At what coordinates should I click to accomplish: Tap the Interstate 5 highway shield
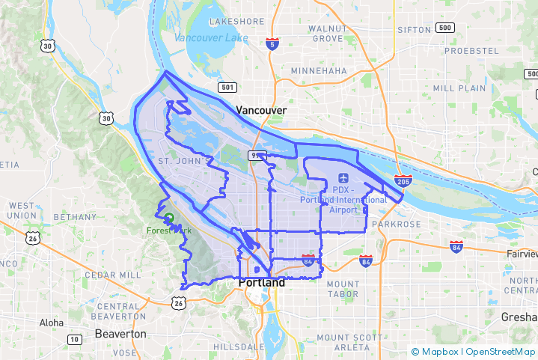pyautogui.click(x=272, y=44)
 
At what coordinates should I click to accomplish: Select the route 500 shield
pyautogui.click(x=445, y=28)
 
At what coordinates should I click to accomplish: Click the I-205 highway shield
pyautogui.click(x=402, y=180)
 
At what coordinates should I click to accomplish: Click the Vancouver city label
pyautogui.click(x=261, y=110)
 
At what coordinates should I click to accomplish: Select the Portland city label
pyautogui.click(x=261, y=284)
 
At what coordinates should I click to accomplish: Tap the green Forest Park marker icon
pyautogui.click(x=169, y=218)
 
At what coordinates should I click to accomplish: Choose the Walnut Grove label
pyautogui.click(x=327, y=34)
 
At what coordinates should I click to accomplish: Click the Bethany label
pyautogui.click(x=76, y=217)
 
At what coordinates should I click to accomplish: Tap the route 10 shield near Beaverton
pyautogui.click(x=74, y=340)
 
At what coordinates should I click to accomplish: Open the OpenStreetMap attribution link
pyautogui.click(x=501, y=352)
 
